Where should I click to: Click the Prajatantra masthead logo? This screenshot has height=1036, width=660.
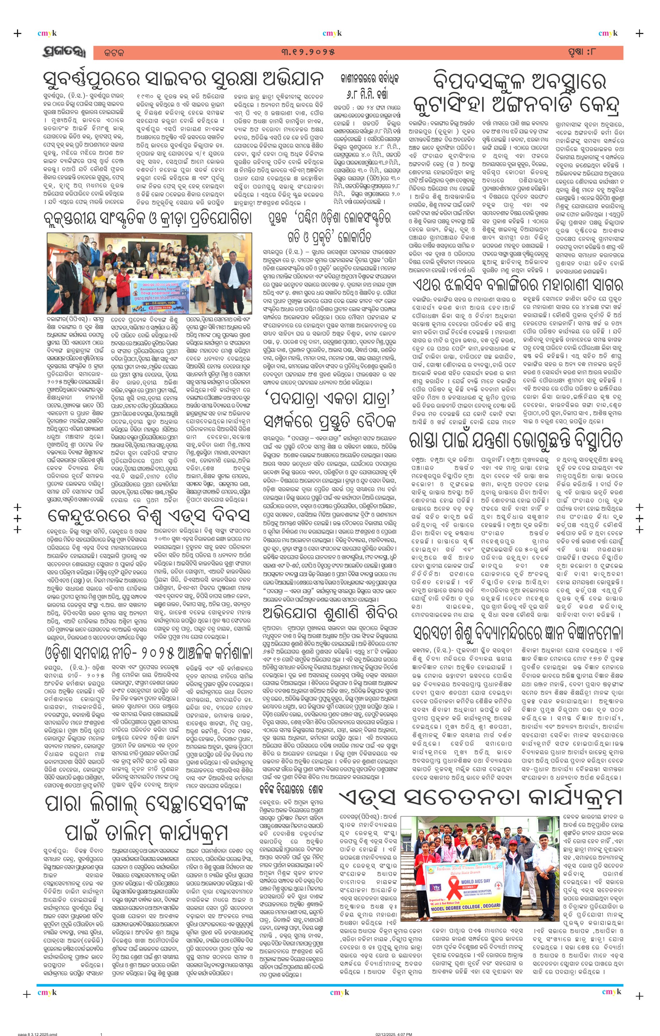[x=64, y=52]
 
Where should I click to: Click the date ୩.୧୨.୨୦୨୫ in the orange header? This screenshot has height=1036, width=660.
[x=308, y=52]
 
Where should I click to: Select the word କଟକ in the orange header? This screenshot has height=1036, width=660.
[x=114, y=53]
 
